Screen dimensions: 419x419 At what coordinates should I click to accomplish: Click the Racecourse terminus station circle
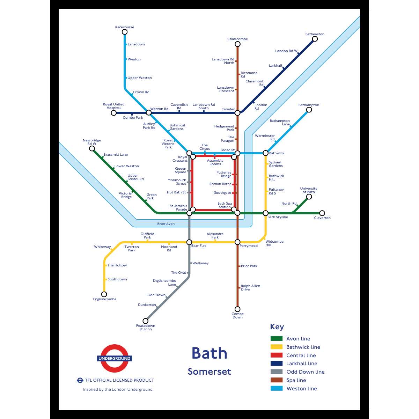click(x=125, y=32)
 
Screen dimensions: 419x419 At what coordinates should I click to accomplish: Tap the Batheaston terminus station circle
click(x=315, y=39)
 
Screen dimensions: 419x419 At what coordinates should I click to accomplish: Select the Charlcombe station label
click(x=237, y=39)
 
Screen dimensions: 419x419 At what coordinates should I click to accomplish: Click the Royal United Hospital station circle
click(x=114, y=113)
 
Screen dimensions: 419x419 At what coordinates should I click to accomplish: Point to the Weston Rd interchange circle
click(x=149, y=113)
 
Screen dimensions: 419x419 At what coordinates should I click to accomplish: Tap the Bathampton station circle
click(x=309, y=110)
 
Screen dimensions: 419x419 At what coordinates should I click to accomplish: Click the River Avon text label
click(x=166, y=224)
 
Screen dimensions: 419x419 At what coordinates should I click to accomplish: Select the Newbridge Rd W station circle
click(x=92, y=149)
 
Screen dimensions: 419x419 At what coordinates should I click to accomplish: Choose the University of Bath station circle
click(x=309, y=197)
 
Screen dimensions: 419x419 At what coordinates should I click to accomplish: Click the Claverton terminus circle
click(x=322, y=213)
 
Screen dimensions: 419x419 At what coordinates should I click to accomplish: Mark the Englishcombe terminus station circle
click(x=104, y=294)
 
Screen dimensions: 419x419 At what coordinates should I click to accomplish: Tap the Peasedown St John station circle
click(x=146, y=321)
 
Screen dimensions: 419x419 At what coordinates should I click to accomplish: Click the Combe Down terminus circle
click(x=237, y=309)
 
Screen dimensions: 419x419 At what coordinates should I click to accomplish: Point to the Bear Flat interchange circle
click(x=189, y=242)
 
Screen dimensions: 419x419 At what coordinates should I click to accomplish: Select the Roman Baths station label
click(x=220, y=184)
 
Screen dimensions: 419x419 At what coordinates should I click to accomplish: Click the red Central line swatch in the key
click(x=277, y=355)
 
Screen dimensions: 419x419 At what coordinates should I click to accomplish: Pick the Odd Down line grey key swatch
click(x=277, y=372)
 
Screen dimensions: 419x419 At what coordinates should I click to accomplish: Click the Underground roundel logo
click(x=115, y=359)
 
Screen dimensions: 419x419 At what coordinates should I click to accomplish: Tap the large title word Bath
click(x=209, y=353)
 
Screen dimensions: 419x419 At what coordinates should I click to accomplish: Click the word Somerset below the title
click(x=209, y=372)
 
